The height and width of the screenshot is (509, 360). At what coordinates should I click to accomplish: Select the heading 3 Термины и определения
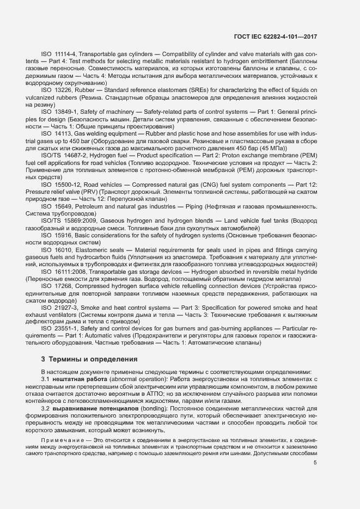89,359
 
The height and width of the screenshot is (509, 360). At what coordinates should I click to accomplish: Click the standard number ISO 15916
57,236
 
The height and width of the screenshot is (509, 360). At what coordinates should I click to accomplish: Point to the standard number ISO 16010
57,250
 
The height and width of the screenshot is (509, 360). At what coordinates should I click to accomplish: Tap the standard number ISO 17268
57,286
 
